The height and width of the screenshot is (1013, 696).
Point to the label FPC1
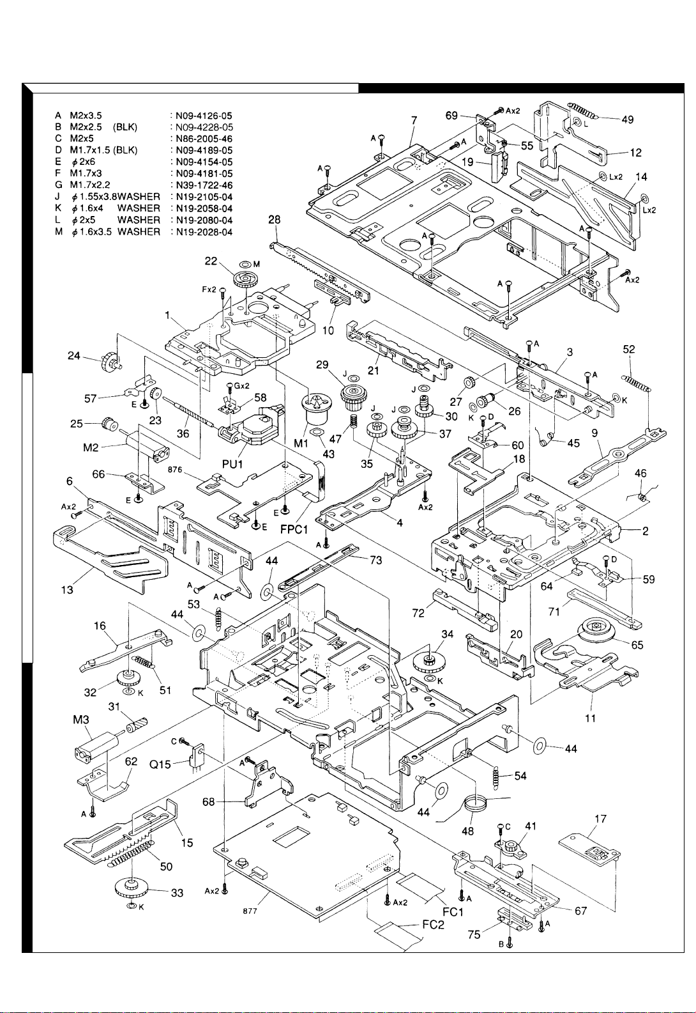(x=294, y=529)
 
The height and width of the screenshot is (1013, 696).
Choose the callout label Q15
(x=160, y=764)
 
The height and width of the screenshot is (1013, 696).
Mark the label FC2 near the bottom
(x=433, y=925)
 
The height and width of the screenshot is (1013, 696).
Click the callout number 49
(x=627, y=120)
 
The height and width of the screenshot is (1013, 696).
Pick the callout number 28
(x=274, y=220)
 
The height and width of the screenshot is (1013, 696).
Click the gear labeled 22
(x=245, y=279)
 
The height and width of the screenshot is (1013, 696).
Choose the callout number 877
(x=250, y=910)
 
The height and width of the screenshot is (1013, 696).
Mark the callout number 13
(x=67, y=590)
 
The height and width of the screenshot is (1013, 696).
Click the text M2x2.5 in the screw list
(x=86, y=127)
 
